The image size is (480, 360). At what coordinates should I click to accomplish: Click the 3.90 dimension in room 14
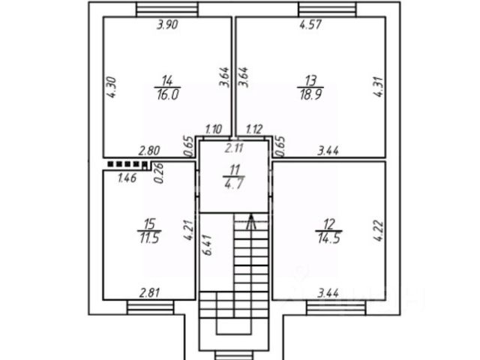pyautogui.click(x=166, y=25)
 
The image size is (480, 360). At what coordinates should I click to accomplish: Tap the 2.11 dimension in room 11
pyautogui.click(x=233, y=148)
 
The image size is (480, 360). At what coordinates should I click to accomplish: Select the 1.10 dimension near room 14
pyautogui.click(x=214, y=130)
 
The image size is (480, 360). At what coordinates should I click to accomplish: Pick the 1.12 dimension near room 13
pyautogui.click(x=253, y=130)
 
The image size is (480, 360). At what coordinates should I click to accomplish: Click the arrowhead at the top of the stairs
pyautogui.click(x=251, y=220)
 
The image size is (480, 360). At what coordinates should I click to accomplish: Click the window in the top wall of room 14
pyautogui.click(x=167, y=9)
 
